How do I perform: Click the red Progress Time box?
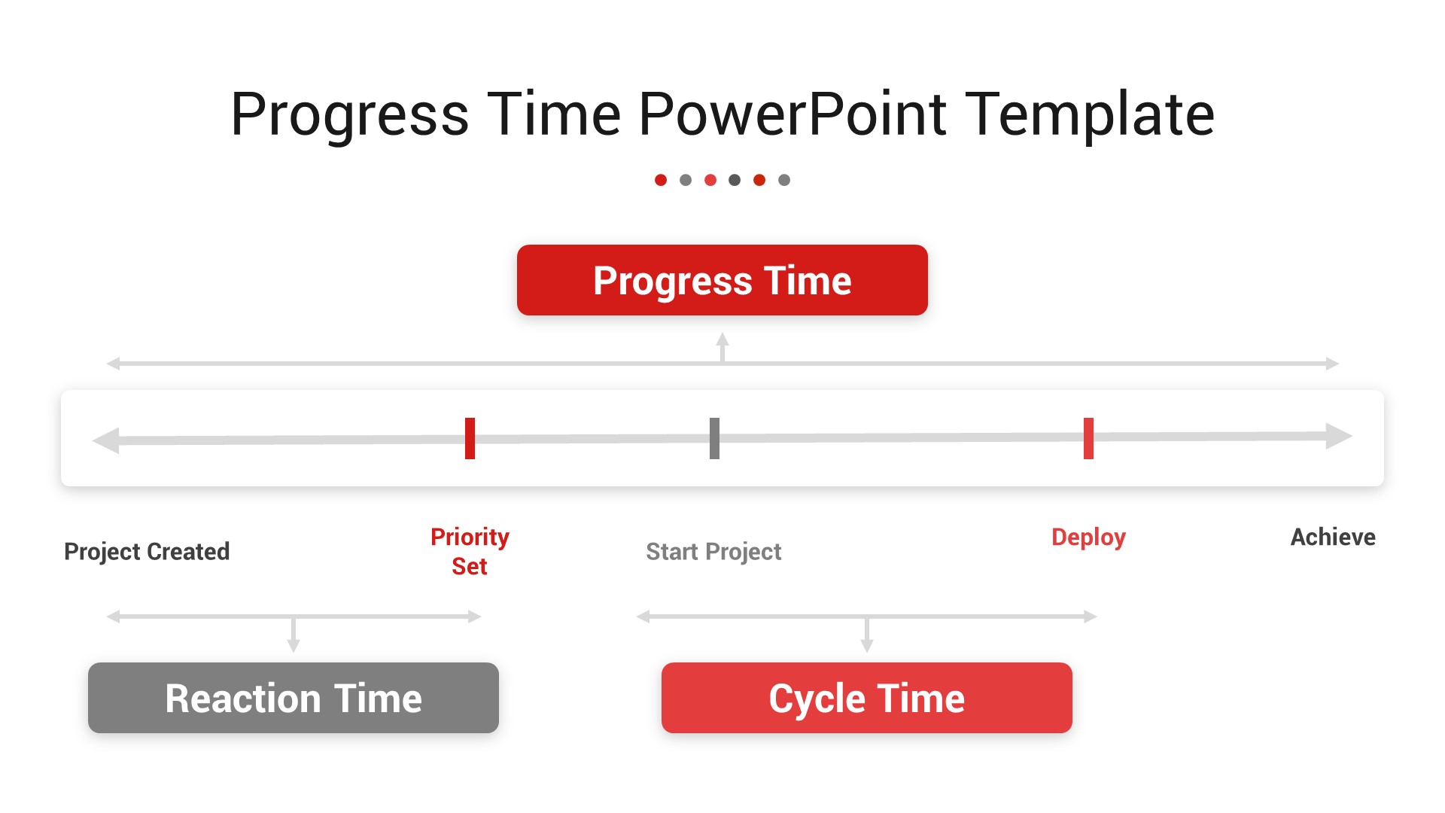tap(722, 280)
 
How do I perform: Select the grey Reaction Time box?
tap(294, 698)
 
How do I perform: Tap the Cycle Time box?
tap(867, 698)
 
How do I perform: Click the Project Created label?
tap(147, 552)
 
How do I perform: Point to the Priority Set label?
tap(470, 551)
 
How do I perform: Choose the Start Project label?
tap(713, 552)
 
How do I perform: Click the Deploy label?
tap(1088, 537)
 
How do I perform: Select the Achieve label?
tap(1333, 537)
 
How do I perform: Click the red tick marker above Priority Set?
tap(470, 438)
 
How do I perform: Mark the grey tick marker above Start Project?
tap(714, 438)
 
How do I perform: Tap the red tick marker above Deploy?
tap(1088, 438)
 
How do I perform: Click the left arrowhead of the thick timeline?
tap(106, 440)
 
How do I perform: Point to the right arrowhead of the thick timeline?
tap(1339, 436)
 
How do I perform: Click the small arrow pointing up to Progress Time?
tap(722, 347)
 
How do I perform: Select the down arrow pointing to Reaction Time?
tap(294, 635)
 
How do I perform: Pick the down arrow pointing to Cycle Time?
tap(867, 635)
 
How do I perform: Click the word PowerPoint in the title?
tap(792, 114)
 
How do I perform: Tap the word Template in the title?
tap(1090, 114)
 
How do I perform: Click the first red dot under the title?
tap(661, 180)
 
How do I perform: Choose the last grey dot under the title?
tap(784, 180)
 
